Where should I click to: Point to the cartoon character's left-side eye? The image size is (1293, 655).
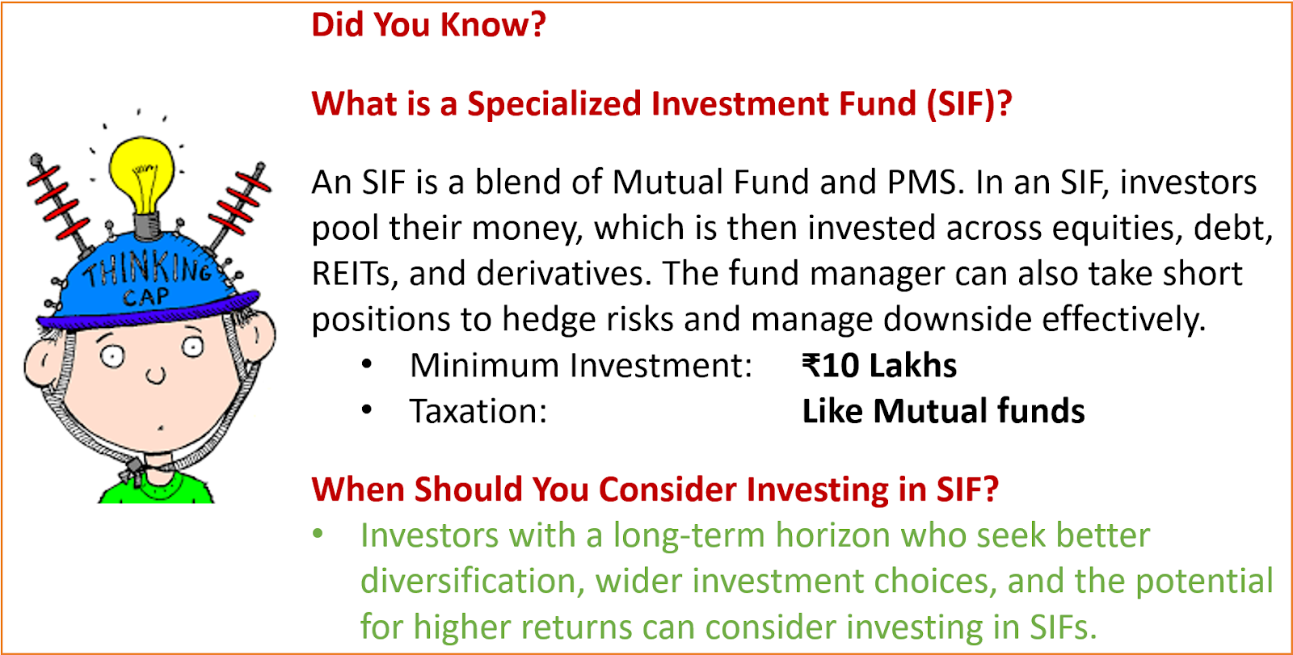[x=112, y=355]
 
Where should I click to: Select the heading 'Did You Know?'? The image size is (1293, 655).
[x=428, y=25]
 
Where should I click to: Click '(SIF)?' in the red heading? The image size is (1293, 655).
[x=969, y=104]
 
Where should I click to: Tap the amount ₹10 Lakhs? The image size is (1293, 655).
[x=879, y=366]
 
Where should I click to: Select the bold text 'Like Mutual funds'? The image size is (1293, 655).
[x=943, y=411]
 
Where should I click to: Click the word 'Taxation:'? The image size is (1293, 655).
[x=478, y=411]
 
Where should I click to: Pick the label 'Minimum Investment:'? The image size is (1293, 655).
[x=581, y=366]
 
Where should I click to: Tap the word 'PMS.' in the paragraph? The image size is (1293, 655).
[x=926, y=183]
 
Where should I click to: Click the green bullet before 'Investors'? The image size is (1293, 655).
[x=318, y=533]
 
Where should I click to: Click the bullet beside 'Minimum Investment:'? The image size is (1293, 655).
[x=367, y=365]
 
